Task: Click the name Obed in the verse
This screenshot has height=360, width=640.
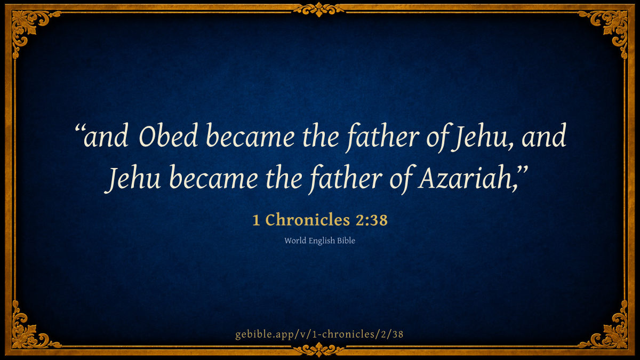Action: pyautogui.click(x=168, y=135)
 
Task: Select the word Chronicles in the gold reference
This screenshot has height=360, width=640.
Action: pyautogui.click(x=308, y=220)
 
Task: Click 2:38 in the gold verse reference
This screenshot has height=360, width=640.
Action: pyautogui.click(x=372, y=220)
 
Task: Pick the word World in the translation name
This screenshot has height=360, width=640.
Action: pyautogui.click(x=295, y=241)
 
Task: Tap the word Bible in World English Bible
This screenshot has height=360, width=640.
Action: pyautogui.click(x=346, y=241)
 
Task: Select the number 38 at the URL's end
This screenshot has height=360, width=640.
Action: pyautogui.click(x=398, y=334)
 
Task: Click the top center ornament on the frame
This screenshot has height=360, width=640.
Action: pyautogui.click(x=319, y=9)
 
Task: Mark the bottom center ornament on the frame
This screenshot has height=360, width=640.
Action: pyautogui.click(x=319, y=350)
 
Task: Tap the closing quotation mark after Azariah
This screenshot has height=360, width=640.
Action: pyautogui.click(x=523, y=171)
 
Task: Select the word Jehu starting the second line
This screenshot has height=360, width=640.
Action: pyautogui.click(x=133, y=179)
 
